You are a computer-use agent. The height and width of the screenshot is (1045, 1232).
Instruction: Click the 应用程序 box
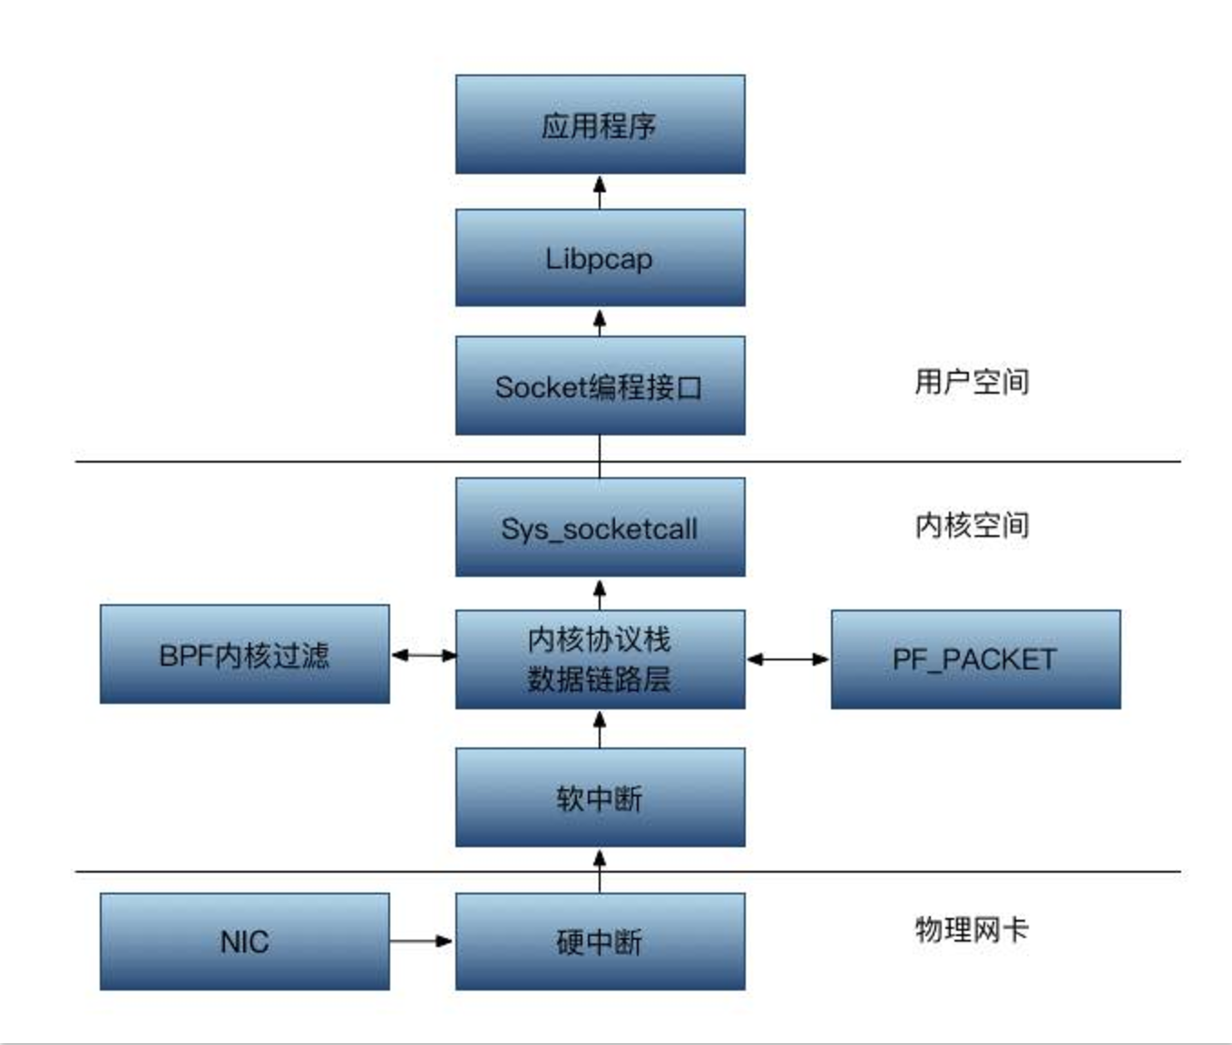[x=600, y=124]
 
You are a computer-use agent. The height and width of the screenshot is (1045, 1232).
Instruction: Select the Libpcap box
[x=600, y=258]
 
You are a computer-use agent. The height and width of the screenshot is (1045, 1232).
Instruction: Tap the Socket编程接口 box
[x=600, y=386]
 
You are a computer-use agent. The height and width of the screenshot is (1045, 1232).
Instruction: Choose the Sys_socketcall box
[x=600, y=527]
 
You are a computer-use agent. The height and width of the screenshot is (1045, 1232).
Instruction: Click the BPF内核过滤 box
[x=244, y=654]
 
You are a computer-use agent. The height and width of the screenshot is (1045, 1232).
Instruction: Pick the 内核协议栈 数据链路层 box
[x=600, y=659]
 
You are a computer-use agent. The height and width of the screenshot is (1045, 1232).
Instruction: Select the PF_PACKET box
[x=975, y=659]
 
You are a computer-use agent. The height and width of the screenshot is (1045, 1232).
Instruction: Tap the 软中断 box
[x=600, y=797]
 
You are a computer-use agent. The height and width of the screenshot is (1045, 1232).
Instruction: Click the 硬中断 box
[x=600, y=942]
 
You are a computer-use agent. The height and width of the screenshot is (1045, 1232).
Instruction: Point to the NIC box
[x=244, y=942]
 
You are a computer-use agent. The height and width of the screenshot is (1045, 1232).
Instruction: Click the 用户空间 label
[x=972, y=382]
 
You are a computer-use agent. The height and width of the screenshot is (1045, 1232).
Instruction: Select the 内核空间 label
[x=972, y=525]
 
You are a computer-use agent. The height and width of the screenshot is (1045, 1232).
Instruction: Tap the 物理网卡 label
[x=972, y=930]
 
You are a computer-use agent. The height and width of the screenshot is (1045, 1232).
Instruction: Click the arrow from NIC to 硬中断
[x=422, y=942]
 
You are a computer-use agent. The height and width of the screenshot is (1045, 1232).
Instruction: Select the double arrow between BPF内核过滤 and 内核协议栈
[x=423, y=654]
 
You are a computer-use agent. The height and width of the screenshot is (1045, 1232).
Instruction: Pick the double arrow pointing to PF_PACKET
[x=787, y=659]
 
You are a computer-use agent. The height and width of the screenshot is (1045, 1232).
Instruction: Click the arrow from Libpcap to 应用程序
[x=600, y=191]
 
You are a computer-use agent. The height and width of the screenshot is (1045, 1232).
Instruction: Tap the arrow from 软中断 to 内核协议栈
[x=600, y=728]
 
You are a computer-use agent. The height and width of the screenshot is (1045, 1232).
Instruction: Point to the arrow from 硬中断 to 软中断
[x=600, y=870]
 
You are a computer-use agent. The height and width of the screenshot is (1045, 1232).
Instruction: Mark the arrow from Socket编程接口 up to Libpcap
[x=600, y=321]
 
